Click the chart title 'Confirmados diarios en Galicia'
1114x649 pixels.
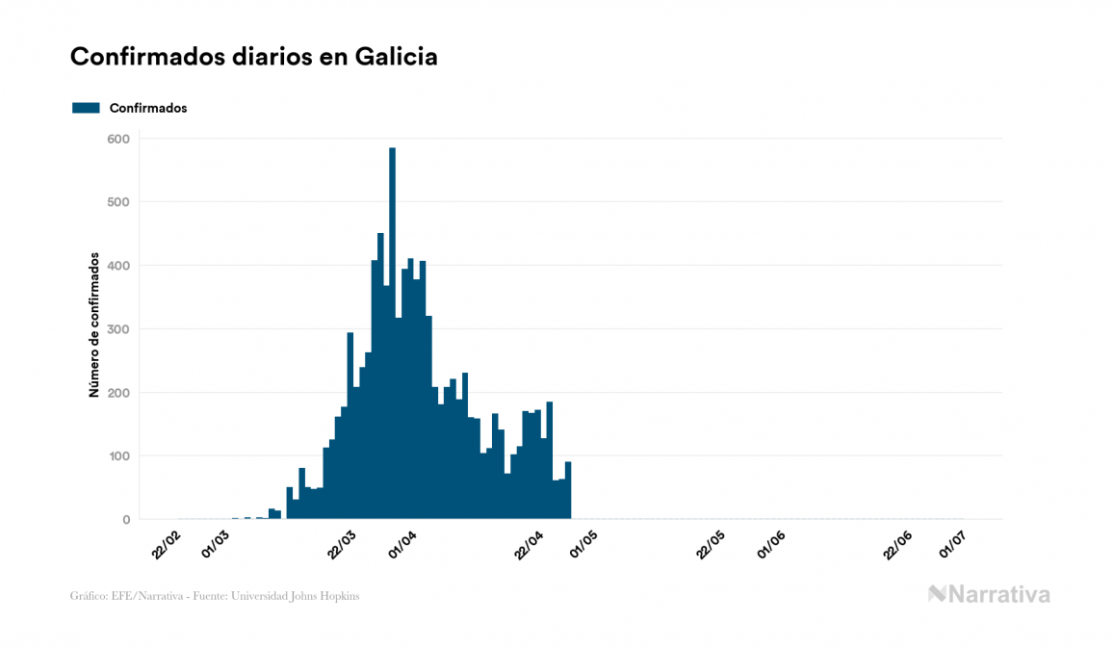click(x=254, y=57)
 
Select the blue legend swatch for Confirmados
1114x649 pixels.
click(x=86, y=108)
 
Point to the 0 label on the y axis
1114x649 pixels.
click(x=125, y=520)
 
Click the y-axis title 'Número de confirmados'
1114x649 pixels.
click(x=94, y=324)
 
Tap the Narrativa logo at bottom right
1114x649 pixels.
click(x=989, y=594)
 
